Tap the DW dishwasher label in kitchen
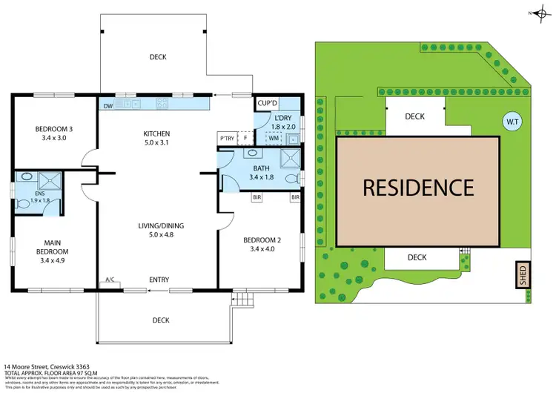[109, 105]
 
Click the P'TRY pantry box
[225, 138]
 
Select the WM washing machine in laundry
[273, 138]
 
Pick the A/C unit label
[110, 280]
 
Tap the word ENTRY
[159, 280]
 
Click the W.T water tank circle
[512, 121]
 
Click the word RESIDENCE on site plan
[418, 188]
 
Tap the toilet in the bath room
[297, 179]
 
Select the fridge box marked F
[245, 138]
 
